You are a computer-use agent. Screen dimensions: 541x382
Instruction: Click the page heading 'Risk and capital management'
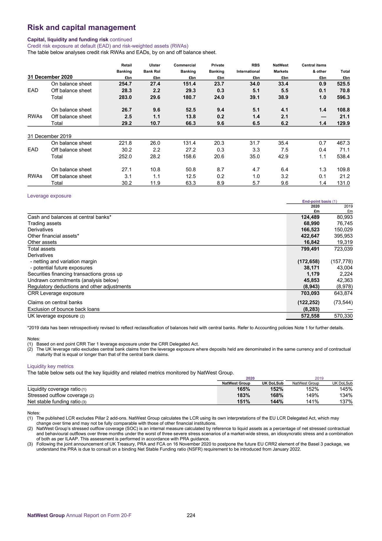(81, 28)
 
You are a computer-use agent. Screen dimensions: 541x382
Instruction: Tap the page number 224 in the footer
(191, 515)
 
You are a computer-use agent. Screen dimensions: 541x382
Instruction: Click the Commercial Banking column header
(185, 68)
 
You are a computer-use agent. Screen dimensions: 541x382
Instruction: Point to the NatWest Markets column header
(280, 68)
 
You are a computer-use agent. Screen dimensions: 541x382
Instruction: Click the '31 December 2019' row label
(49, 136)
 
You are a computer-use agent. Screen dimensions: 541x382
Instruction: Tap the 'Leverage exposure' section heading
(49, 196)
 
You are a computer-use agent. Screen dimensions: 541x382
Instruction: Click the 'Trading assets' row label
(44, 224)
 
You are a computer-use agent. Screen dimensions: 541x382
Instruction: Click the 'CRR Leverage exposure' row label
(56, 293)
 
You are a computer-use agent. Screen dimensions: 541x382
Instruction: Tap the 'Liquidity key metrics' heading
(50, 366)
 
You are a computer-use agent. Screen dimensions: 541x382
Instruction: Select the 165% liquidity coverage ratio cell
(243, 389)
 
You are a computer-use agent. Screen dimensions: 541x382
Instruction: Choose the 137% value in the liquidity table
(346, 402)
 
